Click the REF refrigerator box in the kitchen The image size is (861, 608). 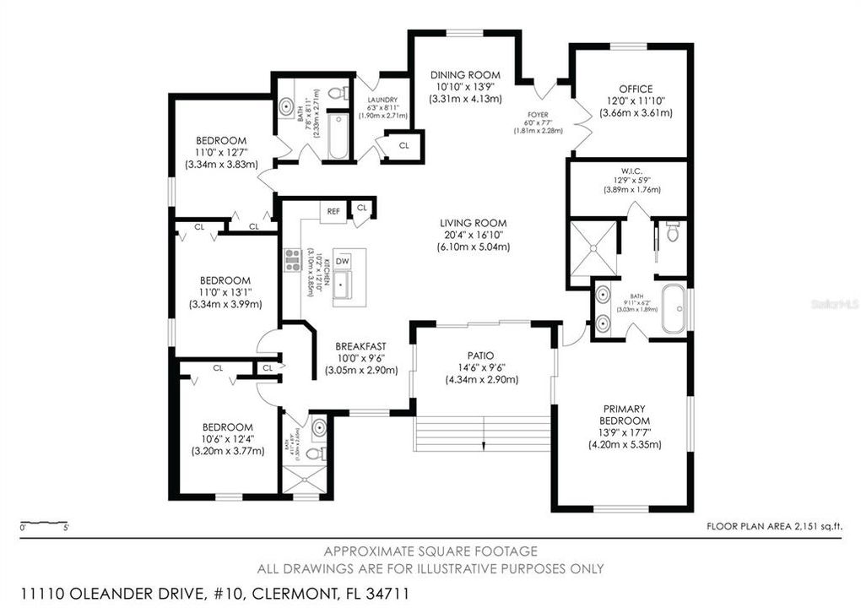click(333, 211)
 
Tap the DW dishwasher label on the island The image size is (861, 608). click(343, 262)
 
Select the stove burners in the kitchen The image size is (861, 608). click(293, 260)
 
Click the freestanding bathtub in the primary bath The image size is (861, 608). click(674, 309)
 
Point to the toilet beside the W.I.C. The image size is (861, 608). click(673, 231)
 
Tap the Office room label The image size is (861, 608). click(631, 88)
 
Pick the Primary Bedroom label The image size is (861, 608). click(625, 415)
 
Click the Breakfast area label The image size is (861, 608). click(360, 346)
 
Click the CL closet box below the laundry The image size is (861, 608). click(403, 145)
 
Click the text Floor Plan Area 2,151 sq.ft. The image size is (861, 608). click(775, 526)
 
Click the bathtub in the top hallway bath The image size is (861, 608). click(338, 134)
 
